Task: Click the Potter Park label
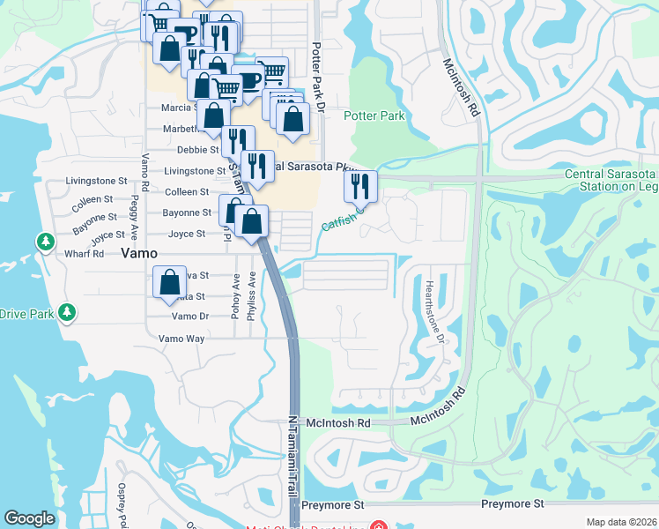pyautogui.click(x=374, y=115)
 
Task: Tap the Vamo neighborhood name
pyautogui.click(x=139, y=253)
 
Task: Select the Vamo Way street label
pyautogui.click(x=181, y=339)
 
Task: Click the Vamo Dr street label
pyautogui.click(x=189, y=317)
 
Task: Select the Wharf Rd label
pyautogui.click(x=85, y=254)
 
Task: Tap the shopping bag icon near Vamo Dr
pyautogui.click(x=169, y=283)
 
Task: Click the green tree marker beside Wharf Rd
pyautogui.click(x=45, y=242)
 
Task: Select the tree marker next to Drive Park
pyautogui.click(x=66, y=312)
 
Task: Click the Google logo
pyautogui.click(x=29, y=518)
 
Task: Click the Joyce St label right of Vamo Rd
pyautogui.click(x=187, y=235)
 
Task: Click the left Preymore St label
pyautogui.click(x=333, y=506)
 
